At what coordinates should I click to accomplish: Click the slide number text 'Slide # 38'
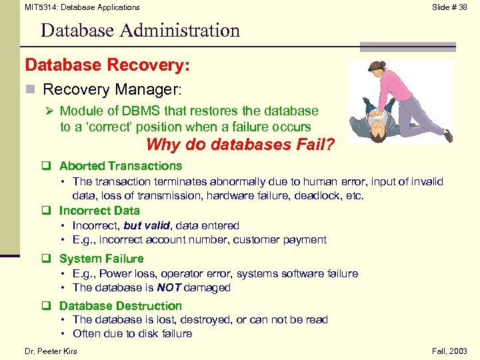(449, 7)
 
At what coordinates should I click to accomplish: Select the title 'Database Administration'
(140, 30)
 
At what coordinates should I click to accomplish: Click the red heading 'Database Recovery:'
(107, 65)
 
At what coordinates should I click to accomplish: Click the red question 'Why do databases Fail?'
(240, 144)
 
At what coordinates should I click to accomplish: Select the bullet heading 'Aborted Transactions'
(121, 166)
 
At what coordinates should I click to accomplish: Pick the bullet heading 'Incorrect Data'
(99, 211)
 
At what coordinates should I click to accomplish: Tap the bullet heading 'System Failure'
(101, 259)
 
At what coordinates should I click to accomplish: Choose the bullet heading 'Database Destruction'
(121, 306)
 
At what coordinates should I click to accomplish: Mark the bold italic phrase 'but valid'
(146, 226)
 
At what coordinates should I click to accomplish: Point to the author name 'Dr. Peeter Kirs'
(51, 351)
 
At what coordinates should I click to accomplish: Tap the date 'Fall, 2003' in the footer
(450, 351)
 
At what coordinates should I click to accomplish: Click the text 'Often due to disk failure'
(132, 333)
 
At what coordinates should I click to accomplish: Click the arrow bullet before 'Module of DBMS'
(49, 111)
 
